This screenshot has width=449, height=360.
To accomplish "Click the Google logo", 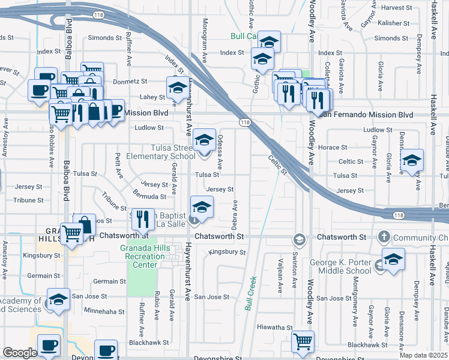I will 20,353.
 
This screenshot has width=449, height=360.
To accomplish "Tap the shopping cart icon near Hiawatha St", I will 303,343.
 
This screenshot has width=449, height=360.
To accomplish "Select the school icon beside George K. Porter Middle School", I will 393,260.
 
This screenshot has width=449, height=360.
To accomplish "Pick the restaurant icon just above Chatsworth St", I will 142,219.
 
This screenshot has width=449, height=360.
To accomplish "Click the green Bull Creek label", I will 250,293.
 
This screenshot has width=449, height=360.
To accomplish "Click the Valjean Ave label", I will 280,275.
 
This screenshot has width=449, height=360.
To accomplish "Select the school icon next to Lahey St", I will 176,88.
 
